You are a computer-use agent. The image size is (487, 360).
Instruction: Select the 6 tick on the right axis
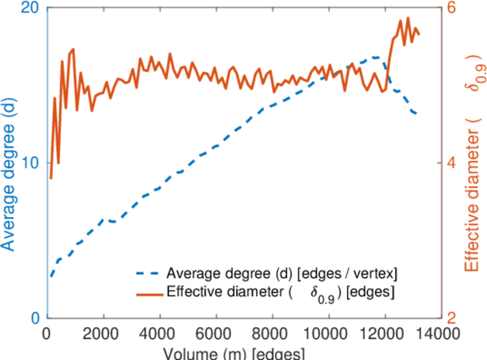(x=450, y=8)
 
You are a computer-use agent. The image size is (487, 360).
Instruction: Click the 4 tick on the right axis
(x=450, y=163)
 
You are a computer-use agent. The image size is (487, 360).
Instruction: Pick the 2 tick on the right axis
(x=450, y=318)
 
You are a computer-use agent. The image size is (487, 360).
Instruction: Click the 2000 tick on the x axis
(x=104, y=334)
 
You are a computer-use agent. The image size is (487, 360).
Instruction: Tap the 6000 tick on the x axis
(x=216, y=334)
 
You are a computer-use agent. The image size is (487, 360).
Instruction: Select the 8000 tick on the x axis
(x=272, y=334)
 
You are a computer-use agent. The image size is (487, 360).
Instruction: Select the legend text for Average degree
(x=282, y=274)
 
